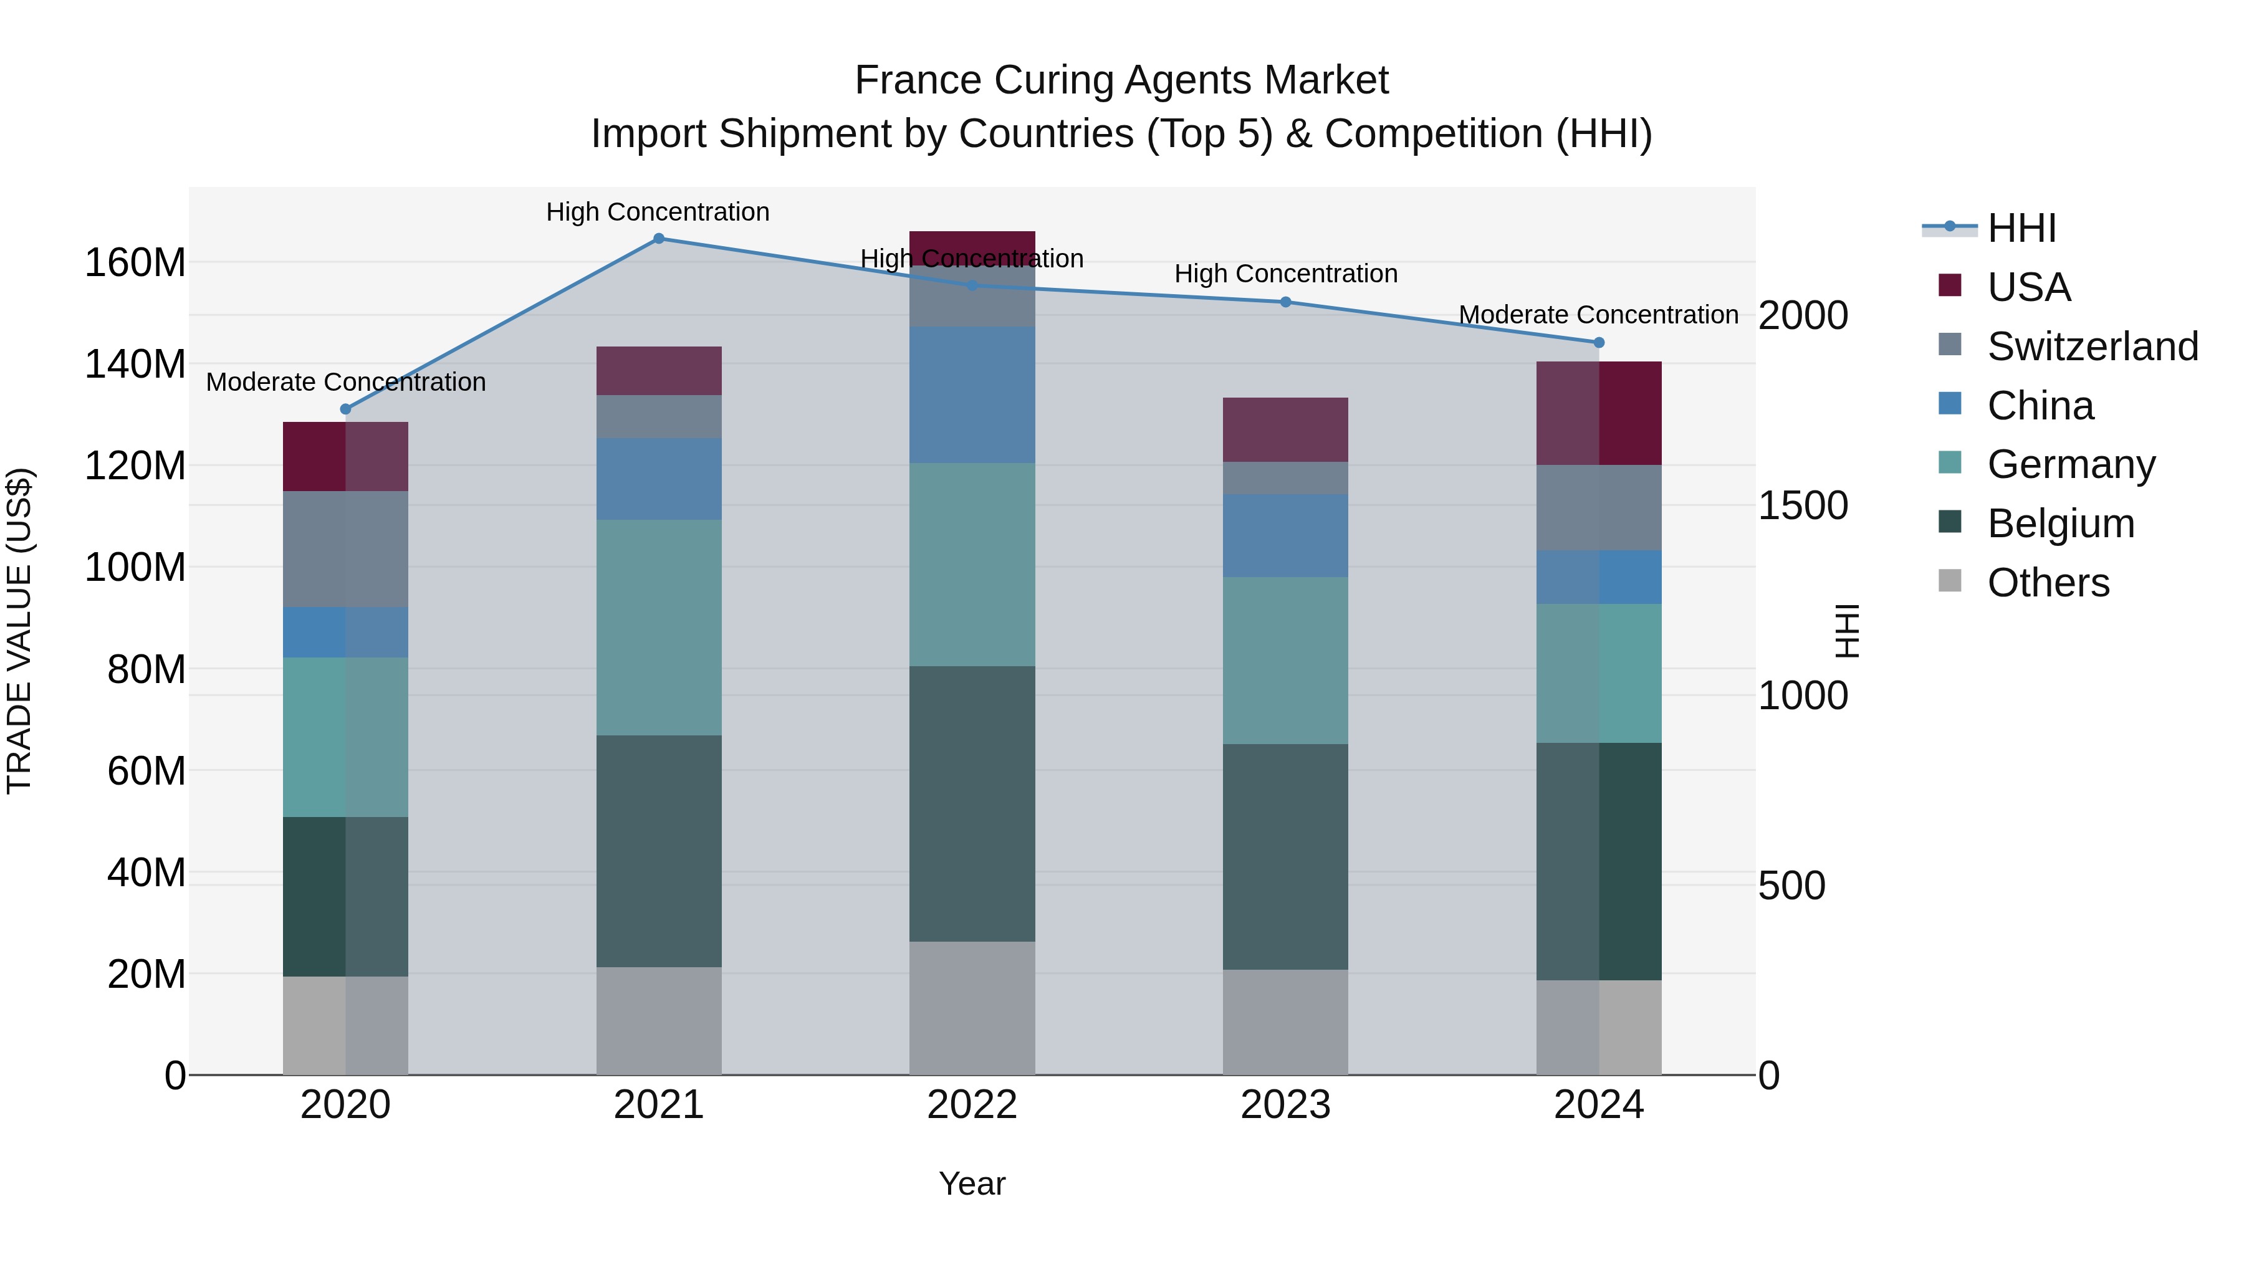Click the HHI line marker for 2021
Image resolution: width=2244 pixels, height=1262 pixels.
pos(659,239)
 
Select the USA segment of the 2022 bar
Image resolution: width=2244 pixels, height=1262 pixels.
pos(972,247)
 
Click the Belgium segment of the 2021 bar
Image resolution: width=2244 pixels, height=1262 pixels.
pos(659,851)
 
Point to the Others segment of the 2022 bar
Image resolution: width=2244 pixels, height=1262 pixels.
pos(972,1008)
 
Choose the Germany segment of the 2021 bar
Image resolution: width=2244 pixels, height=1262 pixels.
pos(659,627)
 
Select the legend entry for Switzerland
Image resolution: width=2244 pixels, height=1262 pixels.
pos(2091,347)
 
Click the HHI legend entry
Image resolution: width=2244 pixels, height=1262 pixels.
pos(2021,228)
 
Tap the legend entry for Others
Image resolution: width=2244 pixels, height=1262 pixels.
pos(2047,583)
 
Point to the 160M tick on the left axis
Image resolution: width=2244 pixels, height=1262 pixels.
pos(135,263)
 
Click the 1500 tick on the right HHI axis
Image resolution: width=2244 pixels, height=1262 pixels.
pos(1802,506)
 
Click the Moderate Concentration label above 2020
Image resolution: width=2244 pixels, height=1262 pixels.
pos(346,383)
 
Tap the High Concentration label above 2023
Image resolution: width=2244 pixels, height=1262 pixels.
pos(1286,274)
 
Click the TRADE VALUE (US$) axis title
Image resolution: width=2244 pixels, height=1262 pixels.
pos(19,631)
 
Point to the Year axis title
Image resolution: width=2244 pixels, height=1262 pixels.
pos(972,1183)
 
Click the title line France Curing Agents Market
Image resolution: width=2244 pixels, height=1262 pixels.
pos(1121,80)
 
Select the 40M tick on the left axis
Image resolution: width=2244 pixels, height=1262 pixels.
pos(146,872)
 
